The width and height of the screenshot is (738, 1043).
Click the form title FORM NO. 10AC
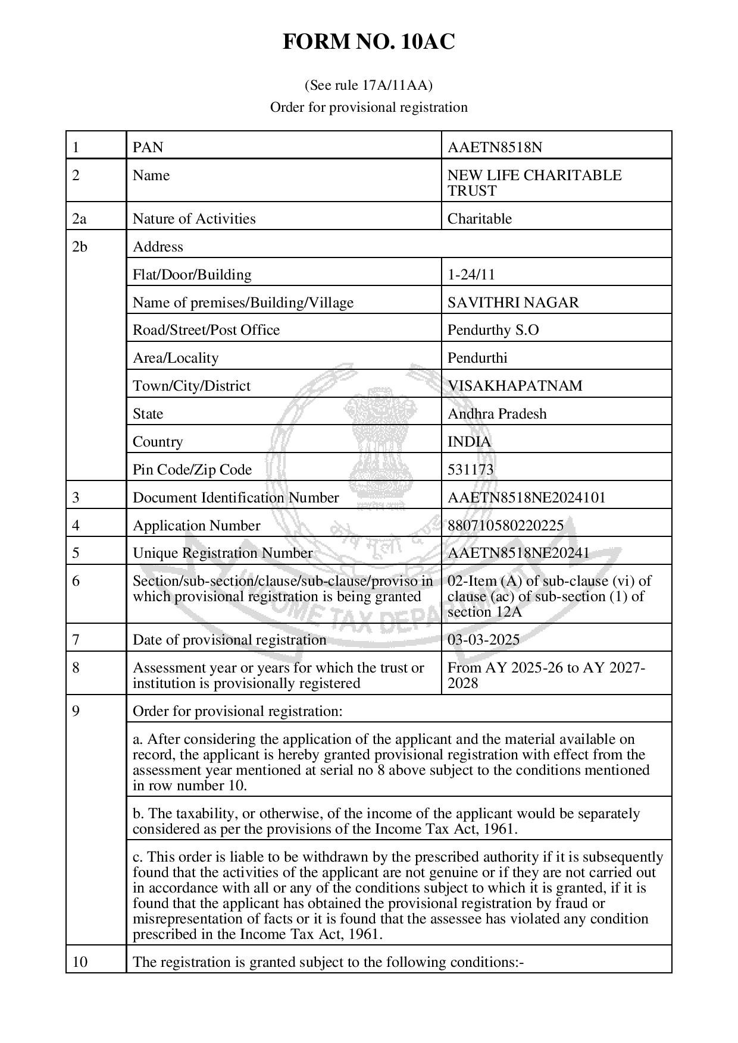[x=368, y=42]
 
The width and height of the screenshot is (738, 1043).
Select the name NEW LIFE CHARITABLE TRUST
[x=534, y=183]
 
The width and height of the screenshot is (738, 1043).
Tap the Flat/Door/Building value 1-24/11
[x=471, y=274]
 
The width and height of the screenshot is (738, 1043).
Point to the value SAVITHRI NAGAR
[x=512, y=302]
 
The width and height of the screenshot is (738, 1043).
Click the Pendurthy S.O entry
[x=493, y=330]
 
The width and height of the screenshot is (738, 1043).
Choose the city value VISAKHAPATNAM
[x=515, y=385]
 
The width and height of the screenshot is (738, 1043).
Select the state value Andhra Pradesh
[x=496, y=413]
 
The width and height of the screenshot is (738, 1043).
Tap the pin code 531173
[x=470, y=470]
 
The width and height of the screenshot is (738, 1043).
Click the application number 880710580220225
[x=505, y=525]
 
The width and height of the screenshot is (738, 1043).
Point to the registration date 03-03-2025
[x=483, y=640]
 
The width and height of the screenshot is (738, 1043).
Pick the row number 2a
[x=79, y=219]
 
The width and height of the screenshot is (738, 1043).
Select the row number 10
[x=79, y=962]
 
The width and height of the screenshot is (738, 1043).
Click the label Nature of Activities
[x=194, y=219]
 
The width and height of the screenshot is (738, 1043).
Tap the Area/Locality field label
[x=176, y=358]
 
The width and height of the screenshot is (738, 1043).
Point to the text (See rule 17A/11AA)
[x=368, y=86]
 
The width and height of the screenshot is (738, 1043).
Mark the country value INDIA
[x=469, y=442]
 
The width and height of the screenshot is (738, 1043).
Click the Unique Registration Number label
[x=222, y=553]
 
